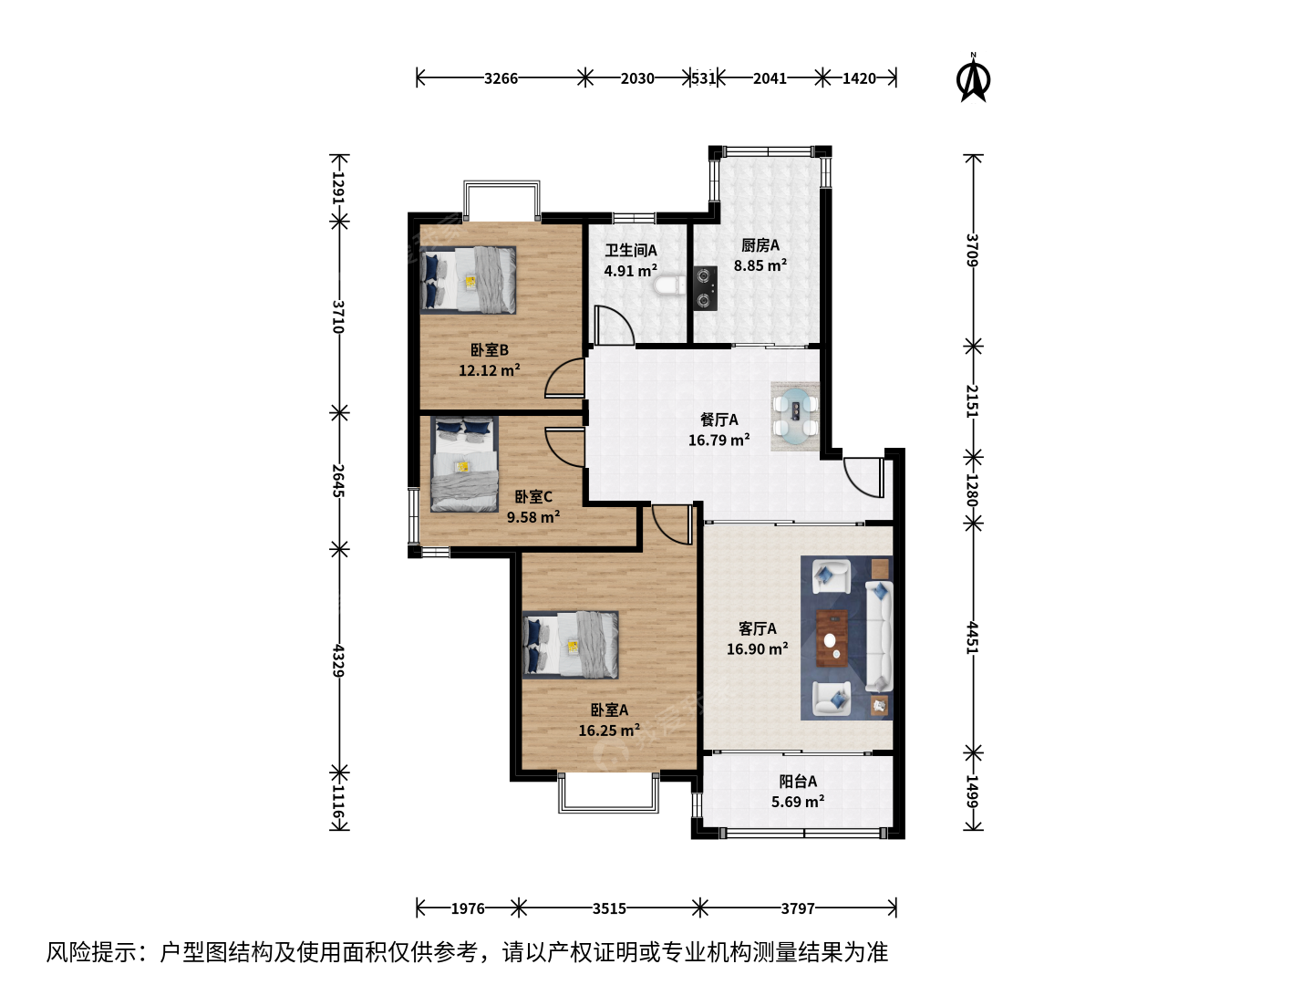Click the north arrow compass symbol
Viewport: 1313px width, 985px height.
point(973,78)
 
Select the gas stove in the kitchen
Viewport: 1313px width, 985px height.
point(706,287)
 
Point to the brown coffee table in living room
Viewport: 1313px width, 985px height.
point(832,638)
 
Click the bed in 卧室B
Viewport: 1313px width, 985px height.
point(468,280)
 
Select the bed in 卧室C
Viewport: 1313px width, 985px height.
point(464,464)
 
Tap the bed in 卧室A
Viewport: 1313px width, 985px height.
point(570,645)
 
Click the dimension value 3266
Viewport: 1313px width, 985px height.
point(501,78)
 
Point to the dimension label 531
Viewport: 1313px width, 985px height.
point(704,78)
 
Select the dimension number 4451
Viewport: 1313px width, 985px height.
point(973,638)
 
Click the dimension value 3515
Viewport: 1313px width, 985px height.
point(609,909)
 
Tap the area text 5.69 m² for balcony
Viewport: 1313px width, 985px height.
point(798,802)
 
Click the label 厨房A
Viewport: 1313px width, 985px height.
point(760,245)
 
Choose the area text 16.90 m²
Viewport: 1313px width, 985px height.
point(758,648)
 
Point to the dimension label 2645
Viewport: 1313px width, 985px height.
point(338,481)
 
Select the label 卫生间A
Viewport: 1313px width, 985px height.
point(630,251)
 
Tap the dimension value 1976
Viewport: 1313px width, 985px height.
point(468,909)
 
